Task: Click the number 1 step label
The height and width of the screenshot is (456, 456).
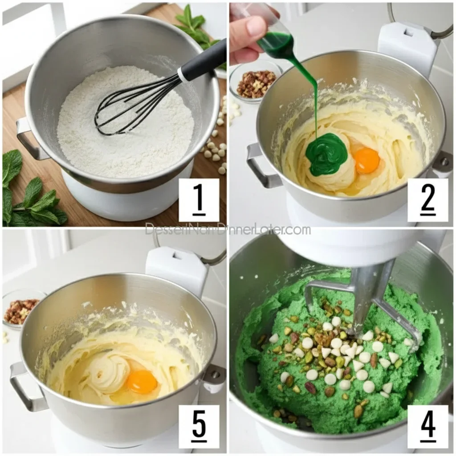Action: point(199,200)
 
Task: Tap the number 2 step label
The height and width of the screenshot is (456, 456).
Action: point(427,200)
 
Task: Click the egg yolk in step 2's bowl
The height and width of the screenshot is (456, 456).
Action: point(366,160)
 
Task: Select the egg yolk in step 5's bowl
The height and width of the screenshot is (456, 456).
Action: point(142,382)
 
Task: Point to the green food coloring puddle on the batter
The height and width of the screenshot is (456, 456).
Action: point(326,154)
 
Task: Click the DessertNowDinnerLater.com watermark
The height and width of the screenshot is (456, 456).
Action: point(228,230)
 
